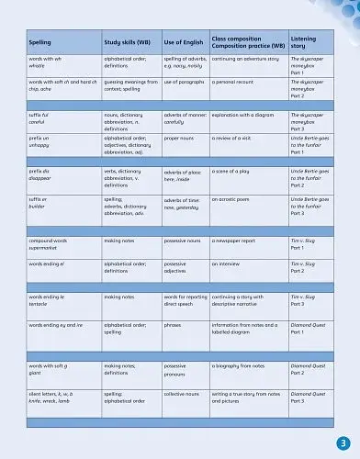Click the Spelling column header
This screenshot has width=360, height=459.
click(40, 42)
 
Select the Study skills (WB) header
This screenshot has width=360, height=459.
click(127, 42)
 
